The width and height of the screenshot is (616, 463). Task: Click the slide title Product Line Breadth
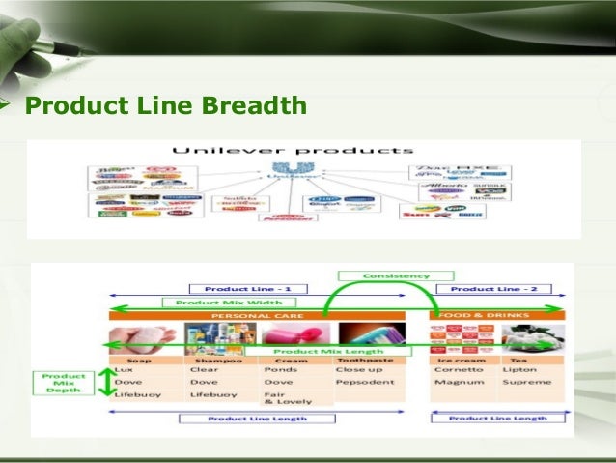(165, 104)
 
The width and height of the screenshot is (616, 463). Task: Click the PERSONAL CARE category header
(265, 315)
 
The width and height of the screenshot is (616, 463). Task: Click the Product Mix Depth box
(65, 383)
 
